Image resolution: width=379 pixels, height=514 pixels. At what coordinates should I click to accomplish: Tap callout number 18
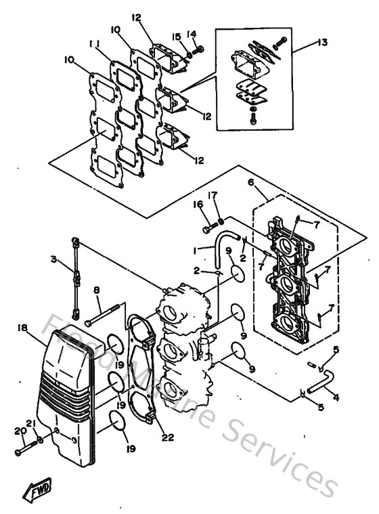pos(22,327)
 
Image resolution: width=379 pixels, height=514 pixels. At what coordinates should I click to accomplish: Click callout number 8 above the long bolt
pos(97,290)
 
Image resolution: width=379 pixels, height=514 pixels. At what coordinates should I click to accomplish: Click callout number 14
pos(192,33)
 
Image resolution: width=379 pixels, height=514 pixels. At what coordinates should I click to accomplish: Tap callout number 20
pos(16,431)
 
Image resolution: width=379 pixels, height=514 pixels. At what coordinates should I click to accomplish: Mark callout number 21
pos(29,424)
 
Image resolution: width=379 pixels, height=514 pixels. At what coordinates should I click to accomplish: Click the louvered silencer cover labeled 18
pos(68,386)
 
